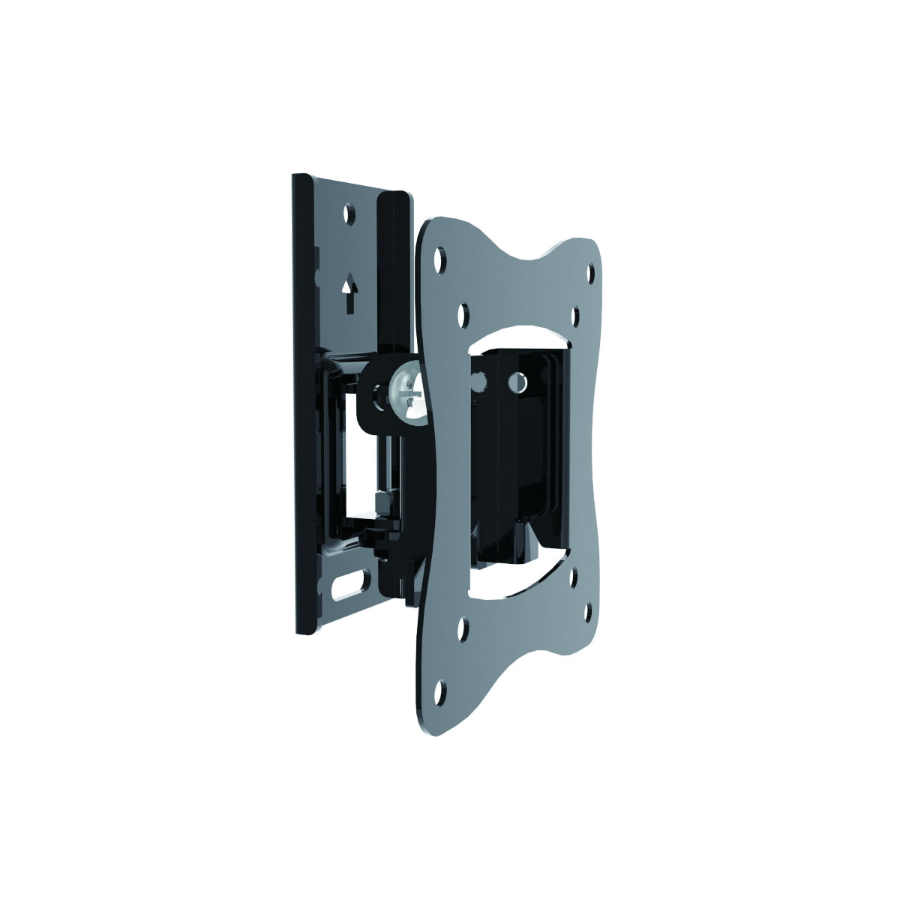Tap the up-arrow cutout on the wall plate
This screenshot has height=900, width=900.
[349, 294]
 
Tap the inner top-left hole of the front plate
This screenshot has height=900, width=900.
[463, 309]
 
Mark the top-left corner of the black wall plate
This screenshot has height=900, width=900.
[293, 176]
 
